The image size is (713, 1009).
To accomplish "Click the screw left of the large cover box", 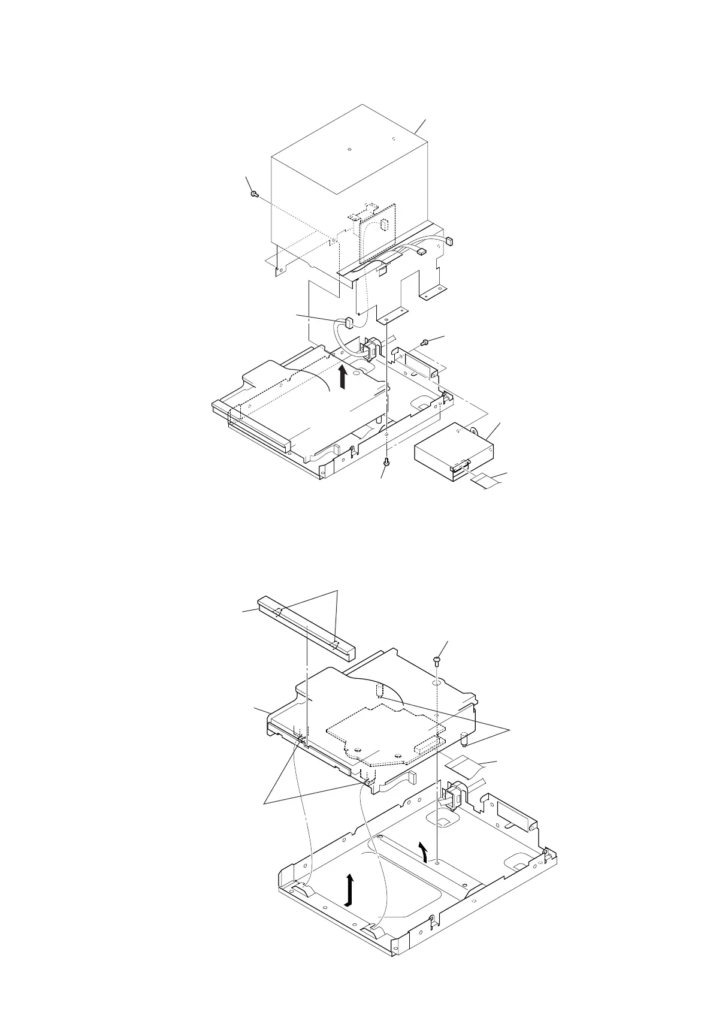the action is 255,194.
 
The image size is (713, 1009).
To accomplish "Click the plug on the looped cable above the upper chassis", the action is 348,324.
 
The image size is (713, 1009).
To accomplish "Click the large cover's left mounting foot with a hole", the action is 279,269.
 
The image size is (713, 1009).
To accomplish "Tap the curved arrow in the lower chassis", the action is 424,850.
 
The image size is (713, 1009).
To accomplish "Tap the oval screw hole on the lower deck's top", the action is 437,682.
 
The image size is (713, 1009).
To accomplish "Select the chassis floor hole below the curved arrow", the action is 439,863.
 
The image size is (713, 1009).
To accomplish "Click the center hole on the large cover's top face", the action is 349,149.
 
